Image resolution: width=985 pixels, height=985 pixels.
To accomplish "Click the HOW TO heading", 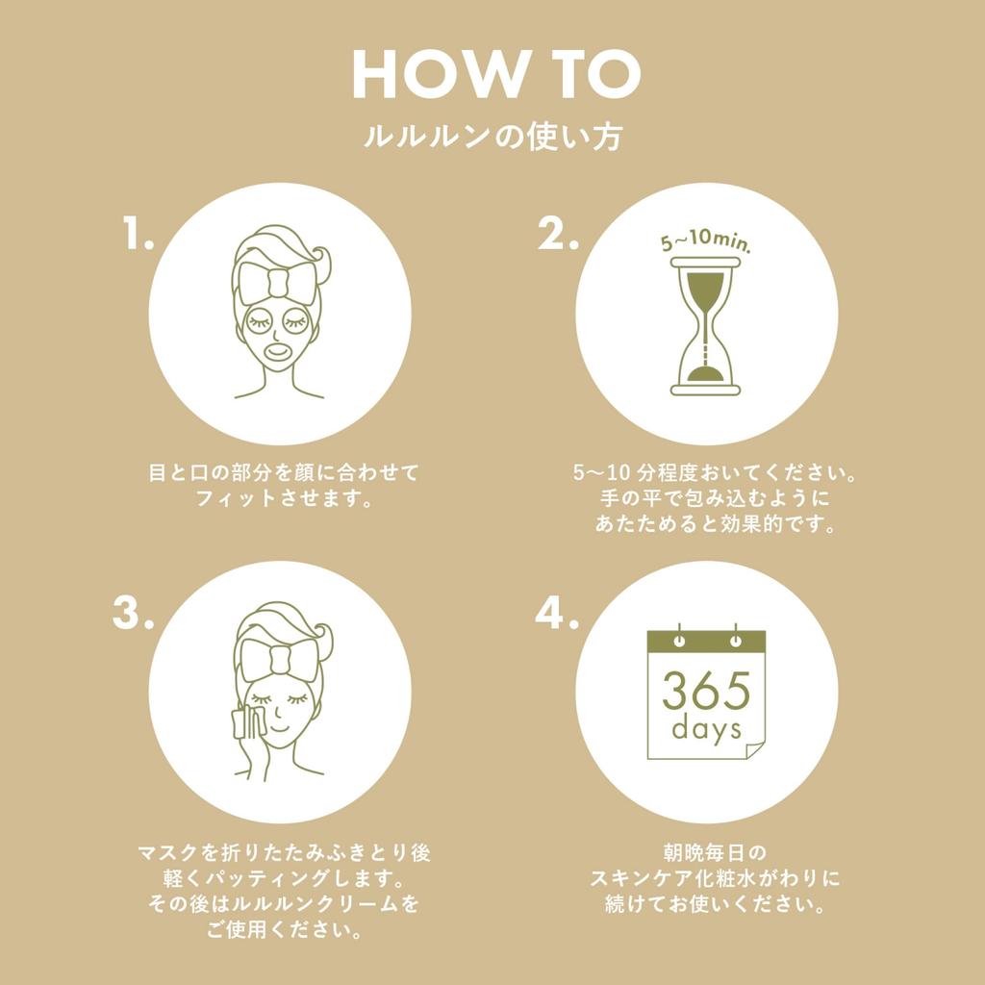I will click(495, 74).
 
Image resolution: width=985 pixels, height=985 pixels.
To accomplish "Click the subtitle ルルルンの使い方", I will click(492, 137).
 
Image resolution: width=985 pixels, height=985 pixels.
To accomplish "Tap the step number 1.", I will click(138, 235).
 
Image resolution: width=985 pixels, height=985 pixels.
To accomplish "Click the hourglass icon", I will click(705, 326).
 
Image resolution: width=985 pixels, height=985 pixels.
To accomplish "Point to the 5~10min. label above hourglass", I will click(705, 246).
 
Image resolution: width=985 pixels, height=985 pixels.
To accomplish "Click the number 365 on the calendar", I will click(705, 690).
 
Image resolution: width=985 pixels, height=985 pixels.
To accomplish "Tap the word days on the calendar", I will click(706, 728).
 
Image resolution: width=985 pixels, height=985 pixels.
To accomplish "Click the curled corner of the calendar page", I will click(754, 749).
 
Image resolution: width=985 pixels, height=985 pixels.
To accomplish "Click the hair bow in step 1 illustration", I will click(279, 282).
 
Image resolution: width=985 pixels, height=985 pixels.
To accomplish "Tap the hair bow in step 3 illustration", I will click(279, 660).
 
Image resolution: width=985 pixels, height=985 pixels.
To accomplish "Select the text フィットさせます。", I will click(284, 499).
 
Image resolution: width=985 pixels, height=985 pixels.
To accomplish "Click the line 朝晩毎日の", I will click(717, 852).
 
